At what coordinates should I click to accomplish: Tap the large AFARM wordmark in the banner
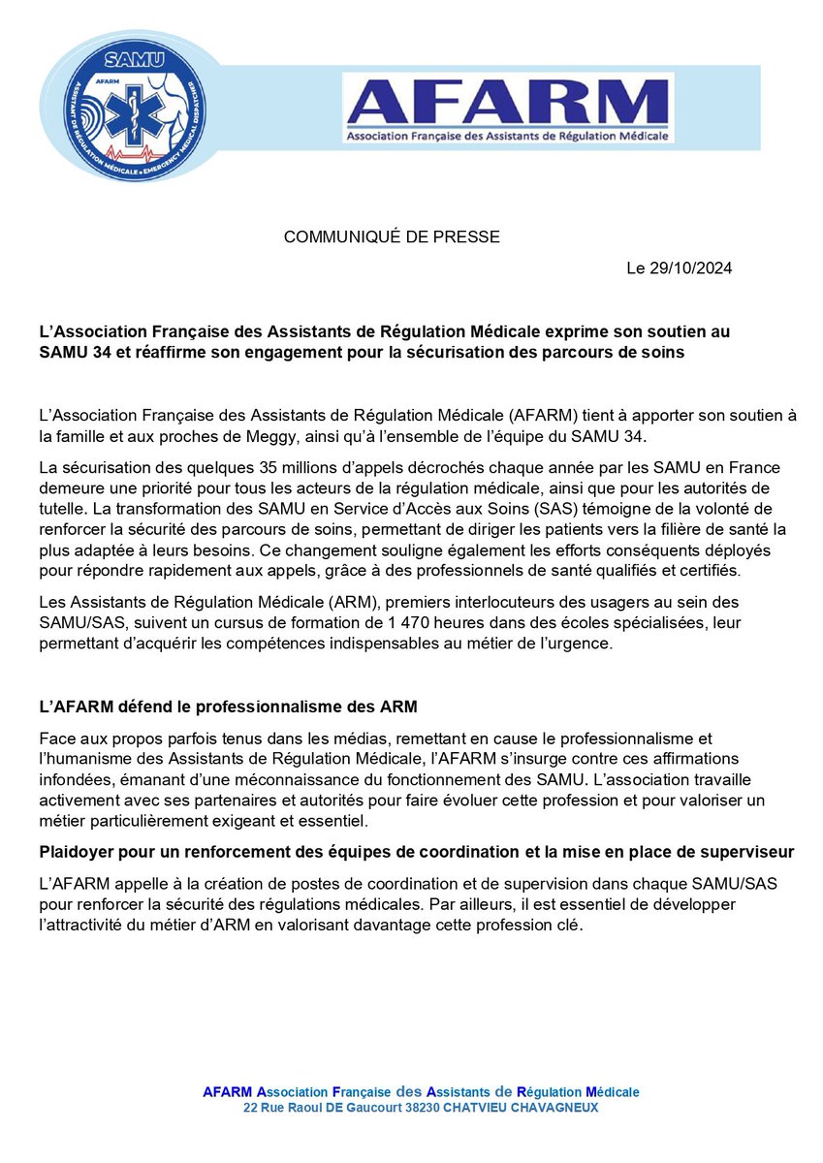508,101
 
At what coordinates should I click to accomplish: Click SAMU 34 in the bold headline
74,353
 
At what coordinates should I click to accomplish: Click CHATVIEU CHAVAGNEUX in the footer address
521,1108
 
